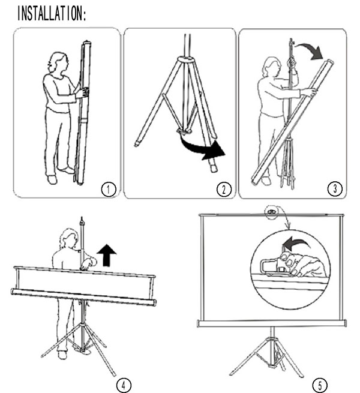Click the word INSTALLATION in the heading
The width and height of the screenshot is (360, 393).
coord(50,13)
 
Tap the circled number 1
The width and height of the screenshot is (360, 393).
coord(109,190)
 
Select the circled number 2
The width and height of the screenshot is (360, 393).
coord(224,189)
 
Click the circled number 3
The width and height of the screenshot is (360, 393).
coord(335,188)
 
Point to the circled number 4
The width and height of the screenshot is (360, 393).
coord(124,385)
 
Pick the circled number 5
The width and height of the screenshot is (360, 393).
coord(320,385)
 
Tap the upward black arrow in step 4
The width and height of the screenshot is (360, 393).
coord(107,255)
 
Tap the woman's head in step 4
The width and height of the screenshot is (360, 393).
coord(68,238)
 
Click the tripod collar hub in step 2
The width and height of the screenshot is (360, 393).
coord(186,60)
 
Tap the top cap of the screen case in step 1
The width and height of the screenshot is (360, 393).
coord(86,43)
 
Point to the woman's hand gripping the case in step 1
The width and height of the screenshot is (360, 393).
coord(83,93)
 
